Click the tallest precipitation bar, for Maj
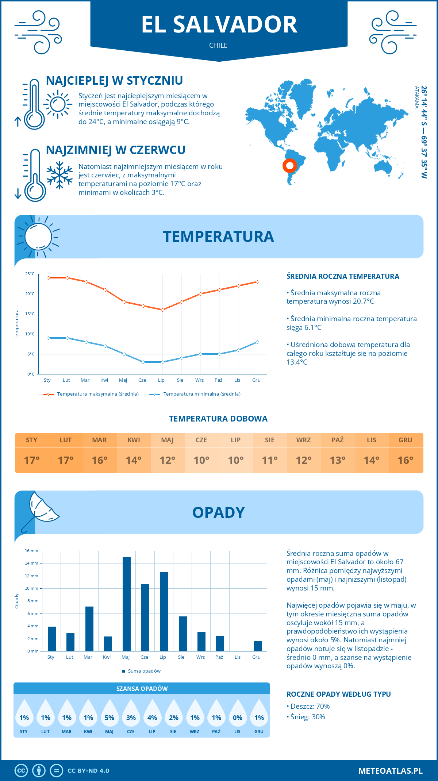pos(126,604)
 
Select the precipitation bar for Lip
pos(164,611)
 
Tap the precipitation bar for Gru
pos(257,646)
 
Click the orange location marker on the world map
pos(290,166)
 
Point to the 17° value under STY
pos(32,460)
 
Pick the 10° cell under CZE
pos(201,460)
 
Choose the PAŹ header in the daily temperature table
pos(337,440)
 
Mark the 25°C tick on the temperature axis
pos(30,274)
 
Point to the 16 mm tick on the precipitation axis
pos(32,551)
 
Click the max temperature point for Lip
pos(163,310)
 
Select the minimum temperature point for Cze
pos(143,362)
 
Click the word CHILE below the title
pos(218,45)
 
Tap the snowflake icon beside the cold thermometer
pos(59,175)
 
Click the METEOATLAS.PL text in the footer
pos(390,771)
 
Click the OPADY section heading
pos(218,512)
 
